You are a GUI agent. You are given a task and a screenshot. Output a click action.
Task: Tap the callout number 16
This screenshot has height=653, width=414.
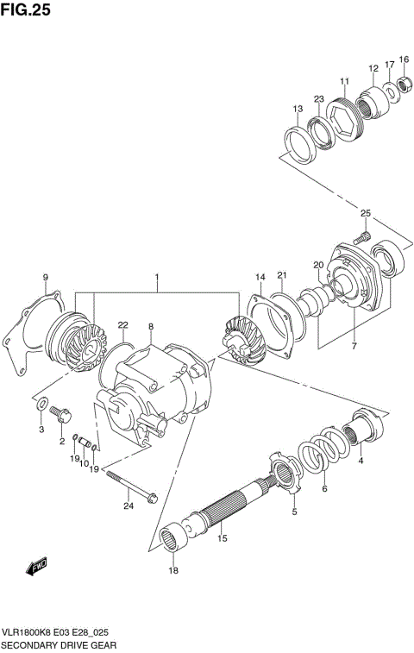(x=404, y=60)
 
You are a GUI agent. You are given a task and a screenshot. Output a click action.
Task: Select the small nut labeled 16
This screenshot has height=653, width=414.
(x=401, y=85)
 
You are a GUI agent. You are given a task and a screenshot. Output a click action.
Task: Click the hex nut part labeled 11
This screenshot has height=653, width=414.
(x=344, y=120)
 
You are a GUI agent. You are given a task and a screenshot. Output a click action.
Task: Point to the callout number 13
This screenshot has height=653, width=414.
(x=298, y=109)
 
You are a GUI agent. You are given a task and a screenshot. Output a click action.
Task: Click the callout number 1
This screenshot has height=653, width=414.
(x=157, y=279)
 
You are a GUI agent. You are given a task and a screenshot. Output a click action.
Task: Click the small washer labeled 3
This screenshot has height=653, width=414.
(x=41, y=403)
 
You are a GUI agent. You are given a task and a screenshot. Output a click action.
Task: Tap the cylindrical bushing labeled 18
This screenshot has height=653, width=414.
(x=173, y=543)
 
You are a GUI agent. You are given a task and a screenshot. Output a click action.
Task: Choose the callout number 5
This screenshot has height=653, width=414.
(x=293, y=512)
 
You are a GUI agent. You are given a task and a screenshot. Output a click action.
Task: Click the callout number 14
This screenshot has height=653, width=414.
(x=259, y=276)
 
